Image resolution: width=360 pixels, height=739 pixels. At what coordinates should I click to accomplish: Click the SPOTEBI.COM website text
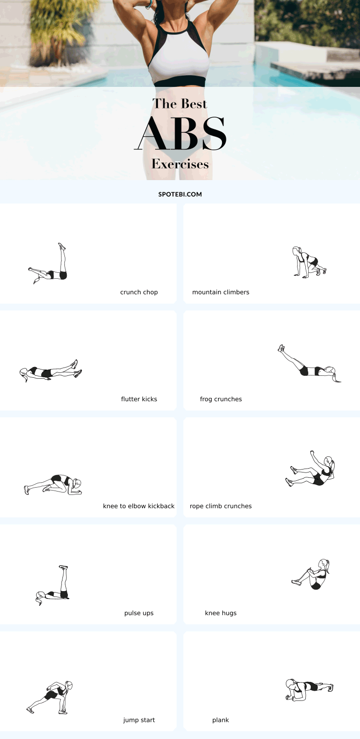(x=180, y=194)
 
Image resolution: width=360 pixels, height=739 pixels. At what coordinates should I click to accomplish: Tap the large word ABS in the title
(x=180, y=133)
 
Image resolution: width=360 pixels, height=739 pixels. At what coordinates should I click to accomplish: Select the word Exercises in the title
(x=180, y=164)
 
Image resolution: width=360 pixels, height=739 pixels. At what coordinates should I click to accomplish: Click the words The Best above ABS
(x=180, y=103)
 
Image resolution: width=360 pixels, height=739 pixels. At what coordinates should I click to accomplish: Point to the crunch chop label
(x=139, y=292)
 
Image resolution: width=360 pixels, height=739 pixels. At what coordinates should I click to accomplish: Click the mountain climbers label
(x=220, y=292)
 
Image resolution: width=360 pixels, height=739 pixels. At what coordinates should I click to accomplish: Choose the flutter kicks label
(x=139, y=399)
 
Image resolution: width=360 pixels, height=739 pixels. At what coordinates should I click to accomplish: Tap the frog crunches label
(x=220, y=399)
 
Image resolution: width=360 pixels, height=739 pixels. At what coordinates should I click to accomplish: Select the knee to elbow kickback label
(x=139, y=506)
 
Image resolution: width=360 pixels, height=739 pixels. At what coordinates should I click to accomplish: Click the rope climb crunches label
(x=220, y=506)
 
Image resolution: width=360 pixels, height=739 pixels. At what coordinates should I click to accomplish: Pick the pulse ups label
(x=139, y=613)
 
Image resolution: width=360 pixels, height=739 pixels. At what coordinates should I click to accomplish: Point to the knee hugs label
(x=220, y=613)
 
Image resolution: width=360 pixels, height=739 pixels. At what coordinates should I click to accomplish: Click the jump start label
(x=139, y=720)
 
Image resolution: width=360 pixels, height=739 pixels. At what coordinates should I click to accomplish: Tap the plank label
(x=220, y=720)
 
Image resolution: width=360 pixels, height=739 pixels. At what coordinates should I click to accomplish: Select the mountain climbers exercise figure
(x=309, y=262)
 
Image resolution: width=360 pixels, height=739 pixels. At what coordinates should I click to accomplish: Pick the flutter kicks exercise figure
(x=50, y=371)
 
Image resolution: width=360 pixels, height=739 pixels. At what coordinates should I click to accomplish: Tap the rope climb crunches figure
(x=310, y=469)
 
